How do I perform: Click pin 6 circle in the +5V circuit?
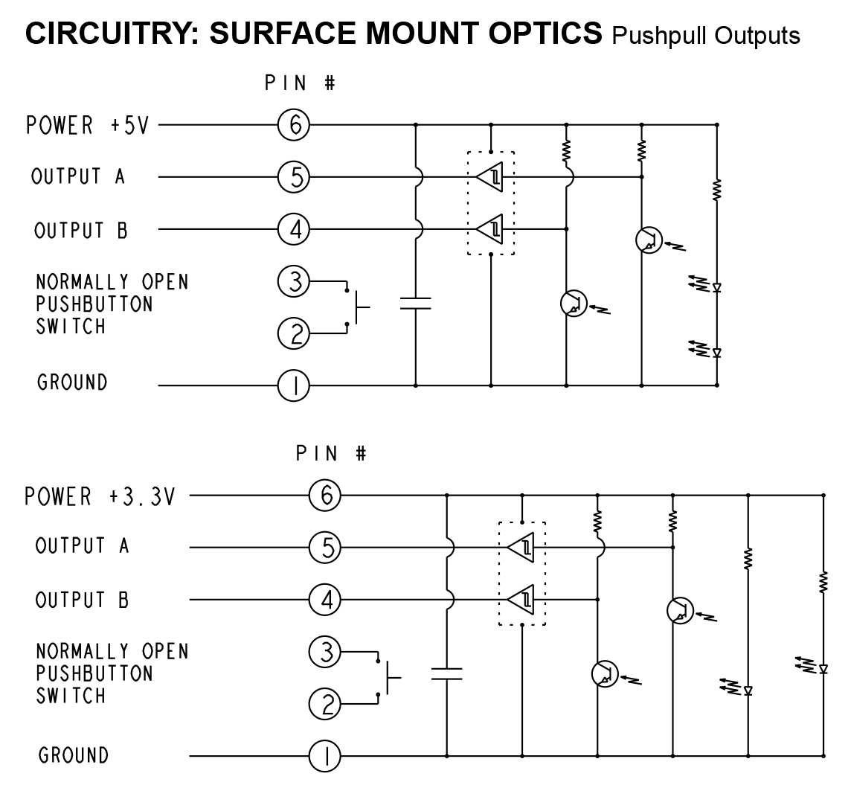(294, 125)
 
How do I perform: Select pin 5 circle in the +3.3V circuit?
(325, 548)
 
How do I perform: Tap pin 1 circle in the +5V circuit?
(294, 386)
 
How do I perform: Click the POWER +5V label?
(88, 125)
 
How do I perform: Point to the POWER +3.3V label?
(100, 496)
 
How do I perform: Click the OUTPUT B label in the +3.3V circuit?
(82, 600)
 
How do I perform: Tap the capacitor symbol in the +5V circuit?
(416, 303)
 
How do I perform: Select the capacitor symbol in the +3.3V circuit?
(446, 673)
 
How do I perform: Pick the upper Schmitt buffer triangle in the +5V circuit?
(490, 177)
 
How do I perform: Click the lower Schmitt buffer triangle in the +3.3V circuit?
(521, 598)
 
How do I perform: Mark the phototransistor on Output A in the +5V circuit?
(649, 240)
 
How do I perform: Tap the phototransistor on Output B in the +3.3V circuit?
(604, 673)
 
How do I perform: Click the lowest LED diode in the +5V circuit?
(717, 352)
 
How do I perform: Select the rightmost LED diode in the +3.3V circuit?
(823, 668)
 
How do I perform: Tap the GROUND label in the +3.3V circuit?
(74, 755)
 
